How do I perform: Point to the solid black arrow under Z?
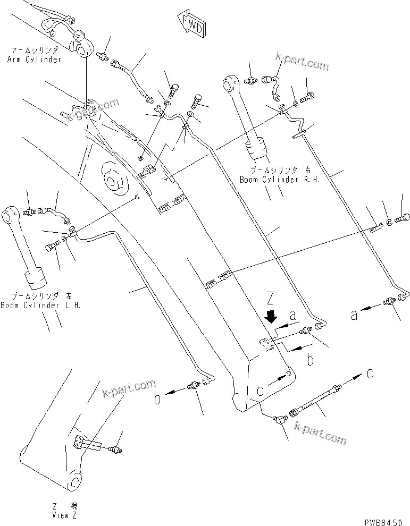(x=271, y=317)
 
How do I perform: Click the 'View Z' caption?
(x=65, y=515)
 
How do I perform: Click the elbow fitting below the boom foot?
(x=279, y=420)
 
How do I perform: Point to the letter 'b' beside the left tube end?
(x=157, y=398)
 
